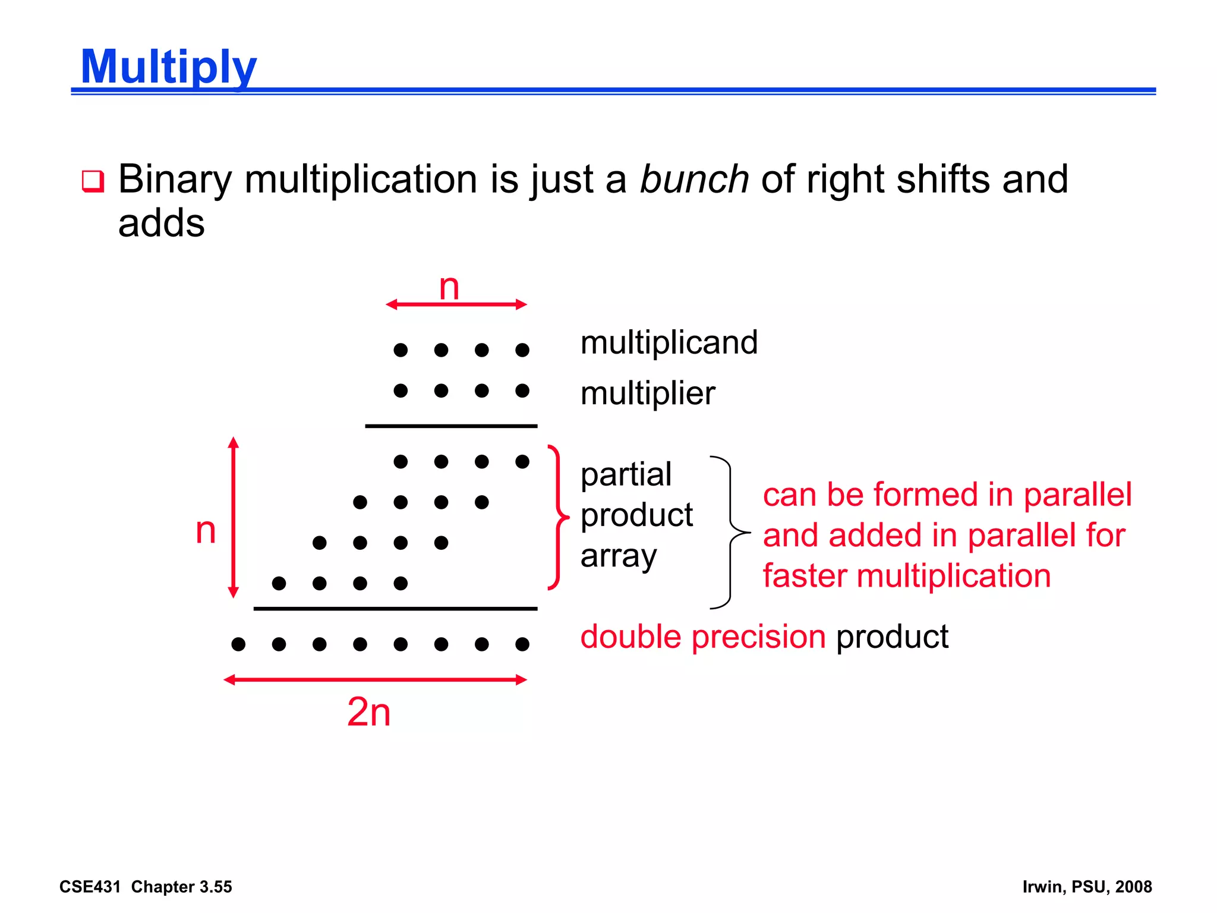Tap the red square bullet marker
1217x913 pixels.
pos(93,181)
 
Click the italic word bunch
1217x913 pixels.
pos(694,180)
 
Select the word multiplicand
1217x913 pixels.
pos(669,343)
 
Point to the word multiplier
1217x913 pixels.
pos(648,393)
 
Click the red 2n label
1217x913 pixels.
pos(369,712)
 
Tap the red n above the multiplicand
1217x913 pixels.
pos(449,288)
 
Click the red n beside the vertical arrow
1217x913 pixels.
pos(206,530)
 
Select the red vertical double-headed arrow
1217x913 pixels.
pos(234,517)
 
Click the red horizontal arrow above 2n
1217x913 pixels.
pos(376,679)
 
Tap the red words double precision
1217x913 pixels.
pos(703,637)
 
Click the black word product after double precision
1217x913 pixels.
pos(892,637)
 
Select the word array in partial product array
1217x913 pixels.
pos(619,557)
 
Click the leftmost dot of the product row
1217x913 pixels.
pos(238,644)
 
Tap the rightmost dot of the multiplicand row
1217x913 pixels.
pos(522,350)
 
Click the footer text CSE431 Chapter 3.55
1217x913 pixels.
pos(146,887)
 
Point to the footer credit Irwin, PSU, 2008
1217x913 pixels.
pos(1087,887)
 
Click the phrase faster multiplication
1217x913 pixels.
pos(907,577)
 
